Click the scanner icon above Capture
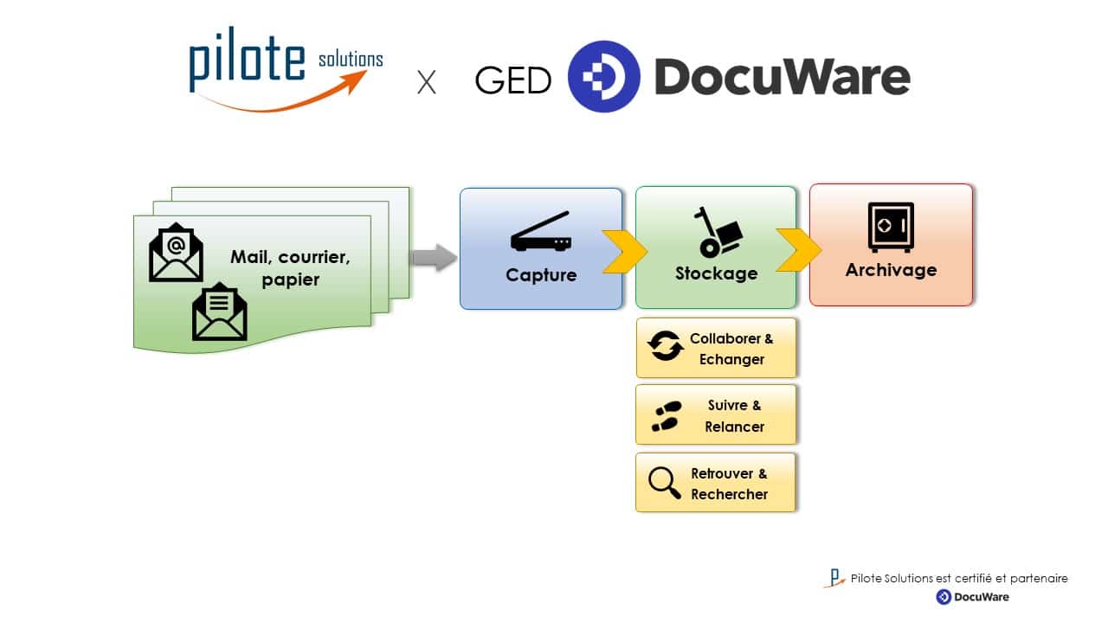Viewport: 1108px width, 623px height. click(x=540, y=232)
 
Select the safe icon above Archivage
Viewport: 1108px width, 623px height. click(x=891, y=227)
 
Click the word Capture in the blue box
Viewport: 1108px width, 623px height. click(x=541, y=275)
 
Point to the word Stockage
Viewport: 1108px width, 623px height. click(x=716, y=273)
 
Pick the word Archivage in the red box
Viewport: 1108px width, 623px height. click(x=891, y=269)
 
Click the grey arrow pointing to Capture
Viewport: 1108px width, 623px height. click(x=433, y=257)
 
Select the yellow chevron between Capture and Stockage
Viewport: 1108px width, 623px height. click(x=625, y=251)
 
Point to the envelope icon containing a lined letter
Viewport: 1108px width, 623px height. click(x=219, y=311)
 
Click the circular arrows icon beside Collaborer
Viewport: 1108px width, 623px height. click(x=666, y=345)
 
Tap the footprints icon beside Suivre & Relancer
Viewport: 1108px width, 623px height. click(x=665, y=416)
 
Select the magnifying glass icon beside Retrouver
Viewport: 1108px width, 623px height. click(x=665, y=483)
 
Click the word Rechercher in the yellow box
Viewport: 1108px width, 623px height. click(x=729, y=494)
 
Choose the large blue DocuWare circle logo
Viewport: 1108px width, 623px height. click(x=603, y=77)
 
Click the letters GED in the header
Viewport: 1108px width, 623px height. click(x=513, y=80)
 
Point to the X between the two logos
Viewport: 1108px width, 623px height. click(x=426, y=83)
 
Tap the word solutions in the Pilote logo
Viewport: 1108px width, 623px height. click(x=350, y=60)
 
